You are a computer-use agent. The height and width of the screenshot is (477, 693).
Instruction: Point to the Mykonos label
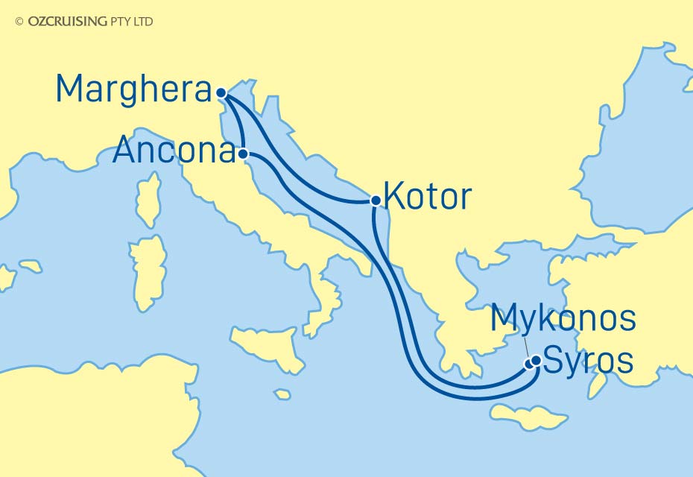click(563, 318)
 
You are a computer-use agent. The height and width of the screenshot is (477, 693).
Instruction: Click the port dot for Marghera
click(221, 93)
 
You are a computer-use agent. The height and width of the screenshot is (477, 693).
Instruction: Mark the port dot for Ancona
click(243, 154)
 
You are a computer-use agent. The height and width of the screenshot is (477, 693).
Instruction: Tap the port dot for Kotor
click(376, 200)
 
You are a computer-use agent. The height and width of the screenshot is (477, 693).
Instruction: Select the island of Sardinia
click(146, 273)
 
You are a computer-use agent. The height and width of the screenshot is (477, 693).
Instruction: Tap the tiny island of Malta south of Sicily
click(282, 394)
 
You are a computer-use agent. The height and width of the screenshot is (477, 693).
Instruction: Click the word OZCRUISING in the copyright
click(67, 22)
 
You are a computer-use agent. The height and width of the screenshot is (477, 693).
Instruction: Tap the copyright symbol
click(19, 22)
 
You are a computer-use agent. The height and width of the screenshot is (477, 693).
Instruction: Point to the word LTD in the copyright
click(143, 22)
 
